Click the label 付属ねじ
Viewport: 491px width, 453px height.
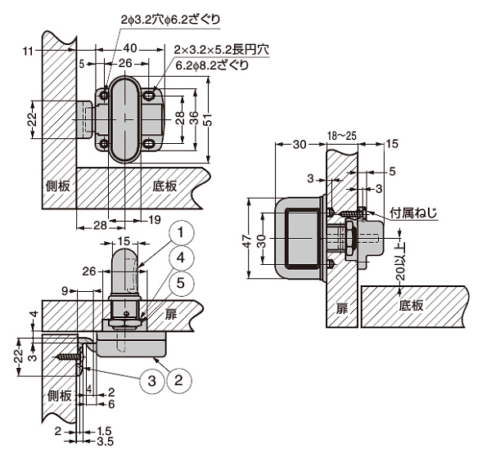tap(413, 214)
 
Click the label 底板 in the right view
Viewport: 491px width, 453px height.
tap(412, 305)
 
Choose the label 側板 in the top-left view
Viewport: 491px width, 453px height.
tap(58, 186)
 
